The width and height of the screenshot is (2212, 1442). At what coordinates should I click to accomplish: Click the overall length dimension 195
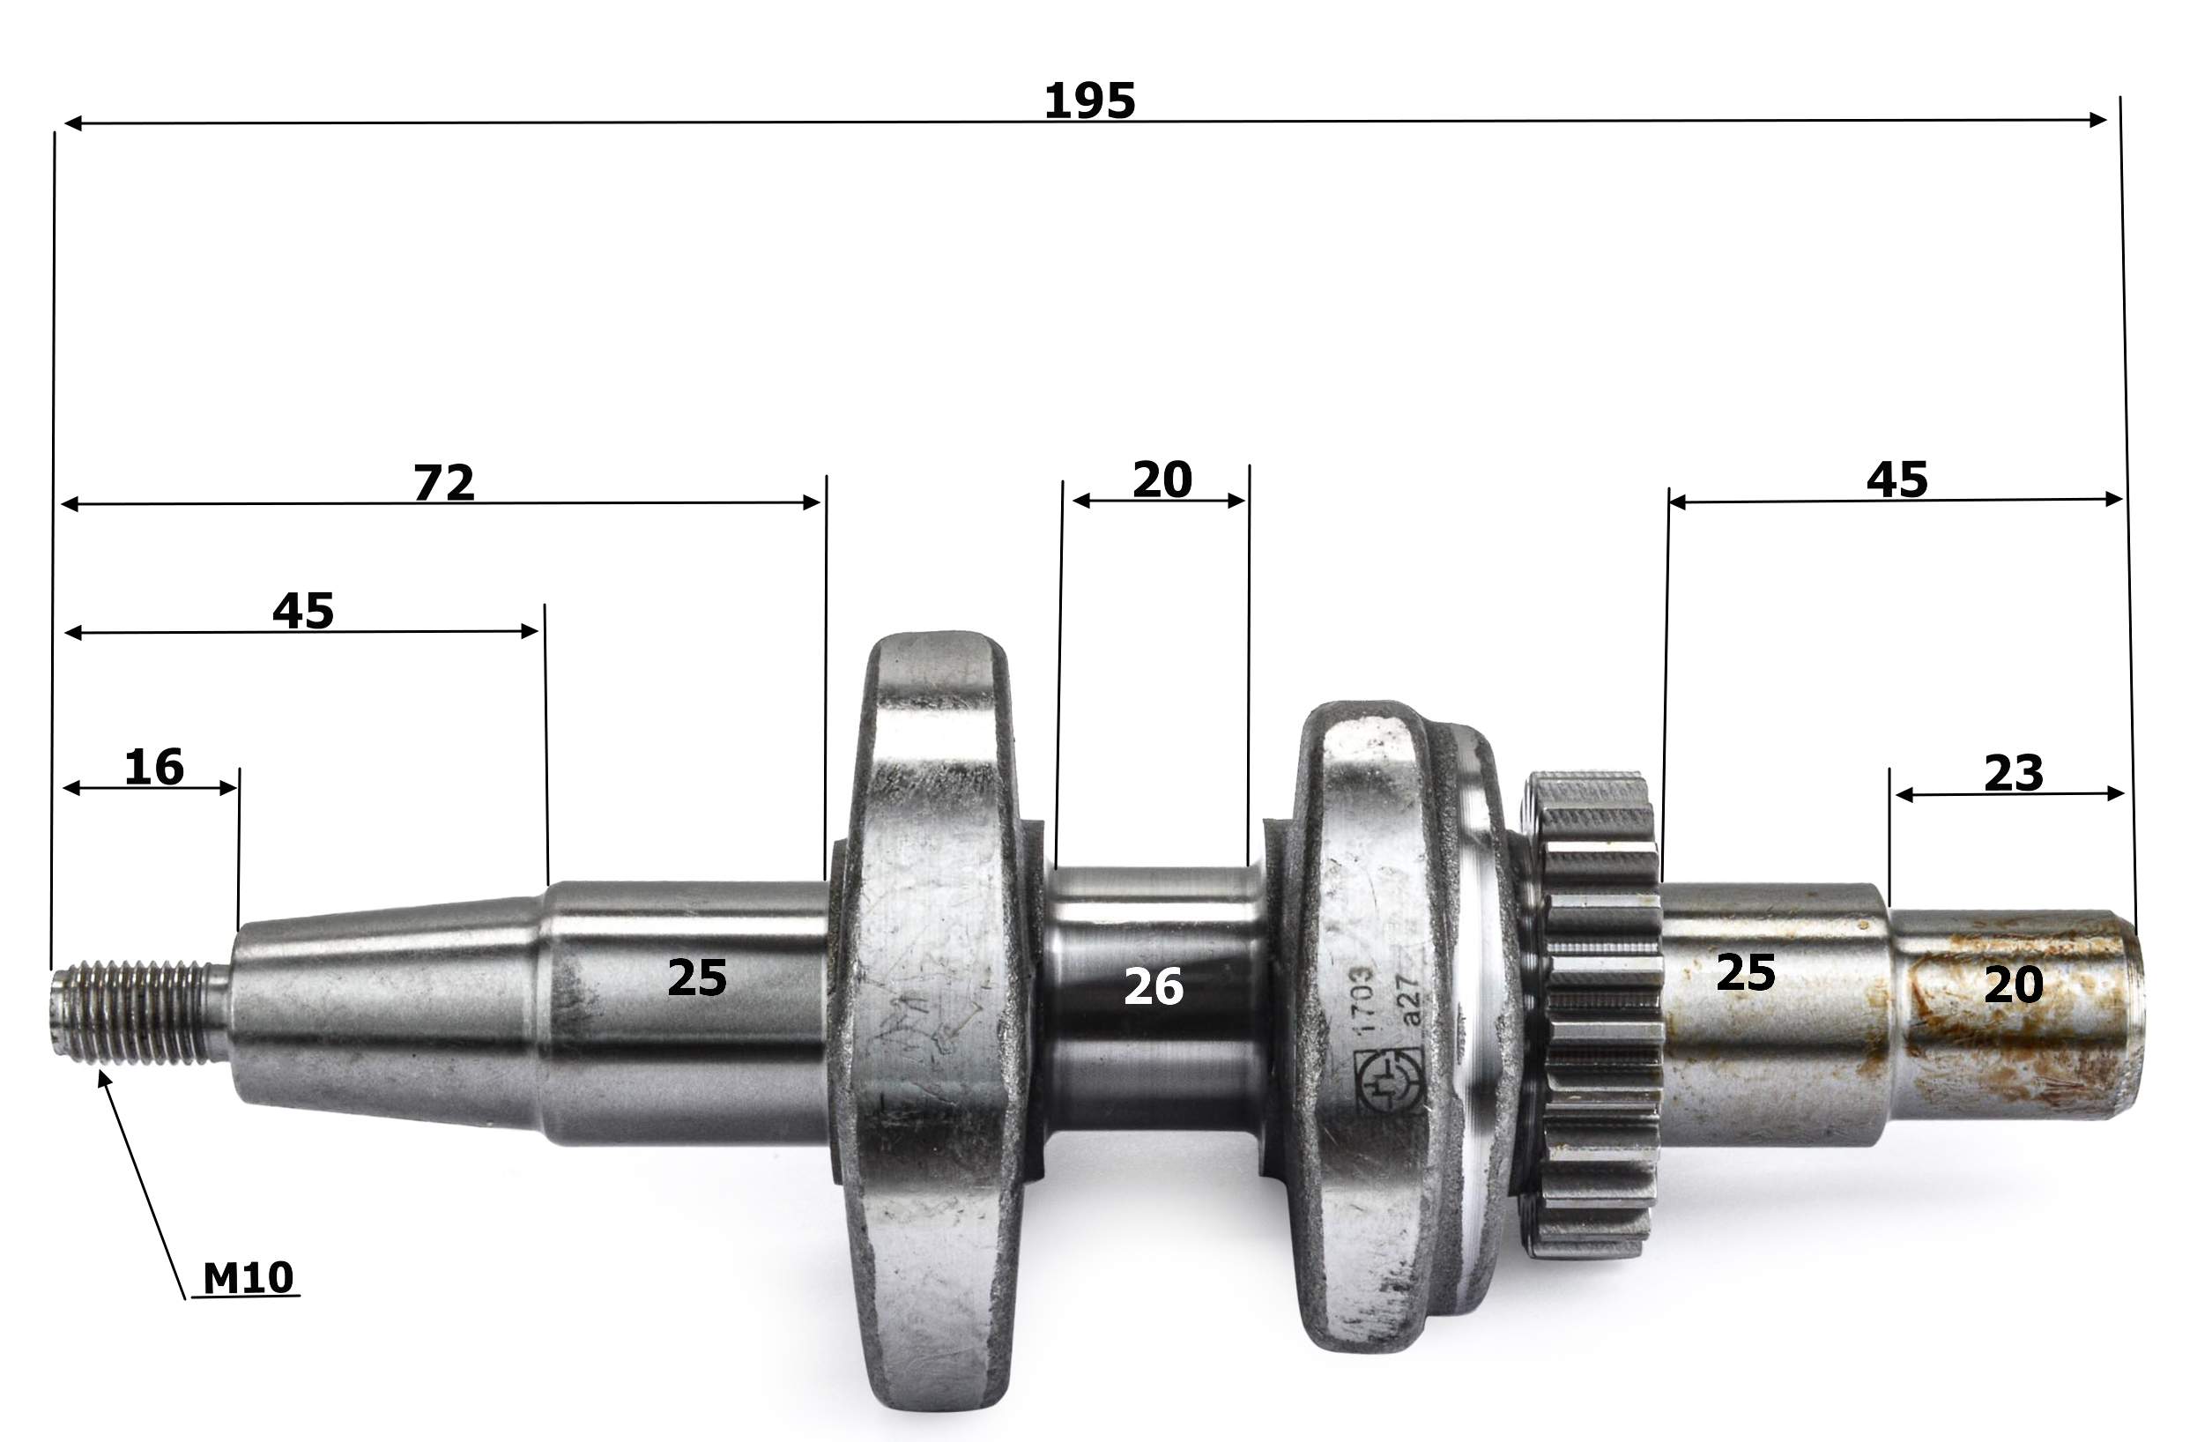click(1089, 100)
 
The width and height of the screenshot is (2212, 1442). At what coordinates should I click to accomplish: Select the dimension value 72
click(444, 482)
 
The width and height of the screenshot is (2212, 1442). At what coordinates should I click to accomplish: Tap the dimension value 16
click(154, 767)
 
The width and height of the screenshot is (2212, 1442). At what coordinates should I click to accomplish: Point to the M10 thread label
click(249, 1278)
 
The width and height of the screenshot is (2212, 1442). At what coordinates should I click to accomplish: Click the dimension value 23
click(2014, 774)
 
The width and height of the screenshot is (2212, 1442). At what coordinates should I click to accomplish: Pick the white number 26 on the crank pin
click(1154, 986)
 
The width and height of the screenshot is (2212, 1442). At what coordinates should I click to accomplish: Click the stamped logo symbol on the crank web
click(1390, 1081)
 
